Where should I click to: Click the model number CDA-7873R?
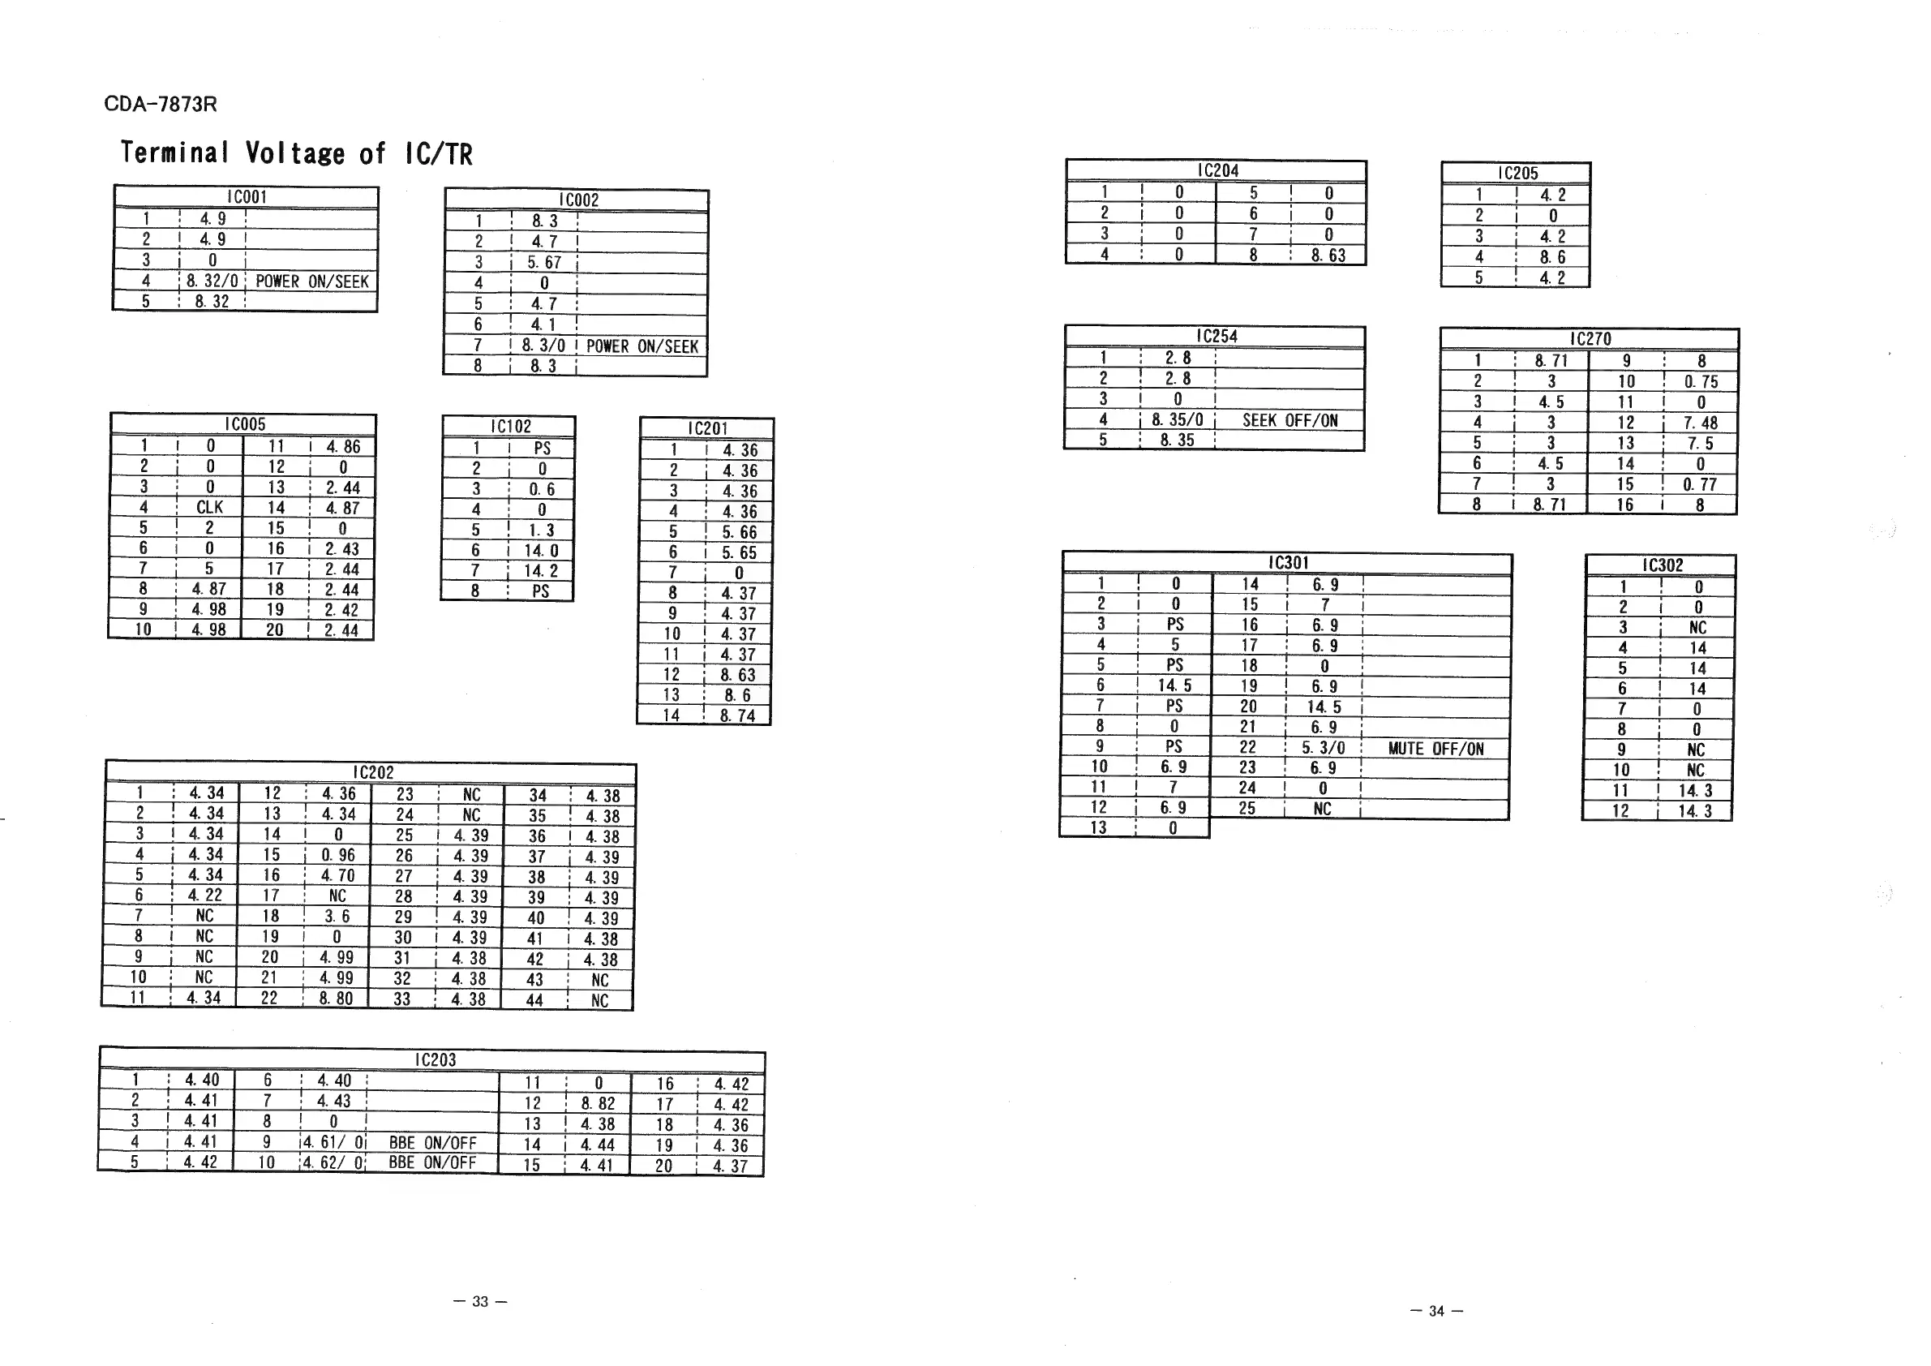click(x=160, y=105)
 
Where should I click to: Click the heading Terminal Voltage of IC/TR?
click(x=296, y=153)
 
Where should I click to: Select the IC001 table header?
click(x=247, y=197)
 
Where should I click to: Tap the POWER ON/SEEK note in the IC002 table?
click(x=642, y=346)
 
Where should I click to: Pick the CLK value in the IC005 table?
click(x=209, y=507)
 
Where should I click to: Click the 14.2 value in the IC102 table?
click(x=541, y=571)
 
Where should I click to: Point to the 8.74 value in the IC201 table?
click(x=737, y=715)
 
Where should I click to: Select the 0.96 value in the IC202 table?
click(x=338, y=856)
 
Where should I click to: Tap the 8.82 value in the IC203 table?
click(x=598, y=1103)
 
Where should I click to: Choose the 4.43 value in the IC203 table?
click(x=334, y=1101)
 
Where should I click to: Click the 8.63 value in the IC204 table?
click(x=1328, y=255)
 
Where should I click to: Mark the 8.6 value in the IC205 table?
click(x=1552, y=257)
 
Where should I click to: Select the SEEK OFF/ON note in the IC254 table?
click(x=1289, y=419)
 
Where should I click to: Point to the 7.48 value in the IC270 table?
click(x=1701, y=423)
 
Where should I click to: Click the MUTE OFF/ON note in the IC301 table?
click(x=1435, y=749)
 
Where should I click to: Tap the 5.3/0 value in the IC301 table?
click(x=1324, y=748)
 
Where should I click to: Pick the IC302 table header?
click(x=1663, y=565)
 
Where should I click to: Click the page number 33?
click(x=479, y=1301)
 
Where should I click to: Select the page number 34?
click(x=1436, y=1311)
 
